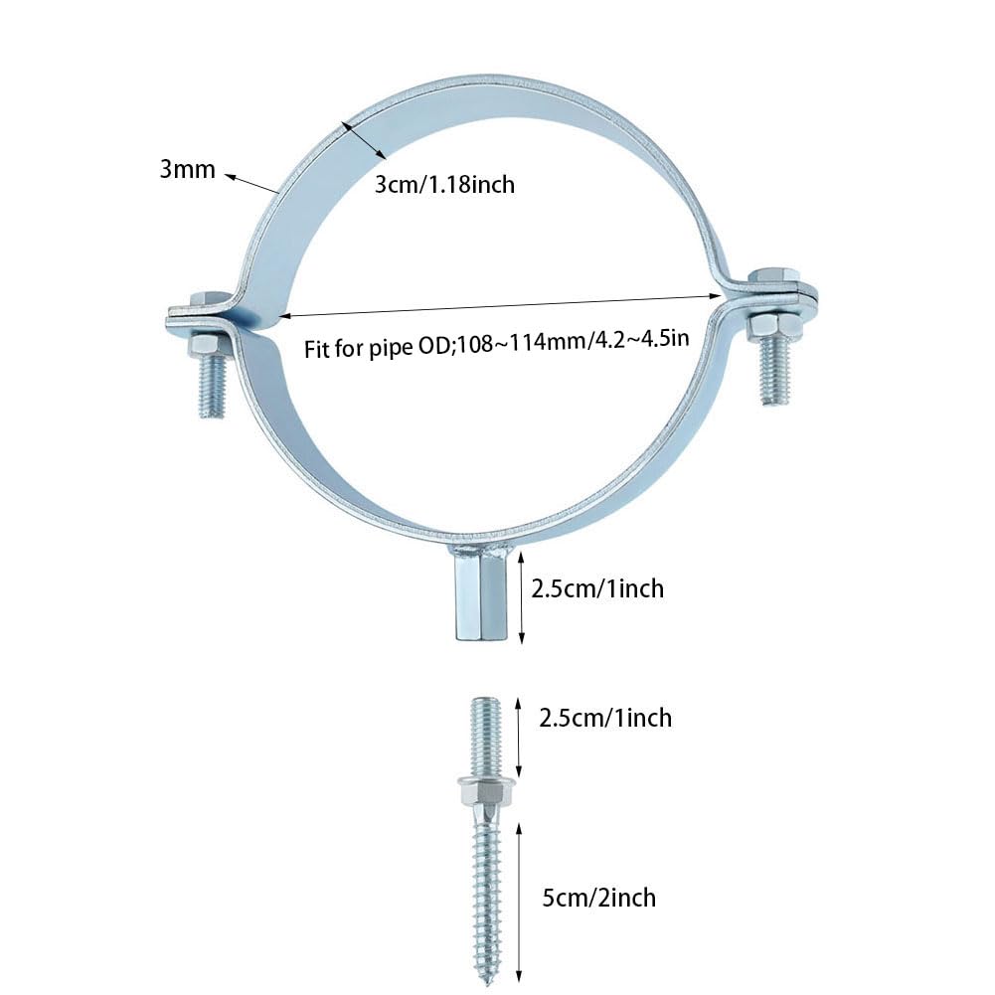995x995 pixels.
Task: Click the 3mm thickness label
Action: [x=187, y=169]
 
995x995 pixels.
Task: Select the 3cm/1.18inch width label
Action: [x=444, y=183]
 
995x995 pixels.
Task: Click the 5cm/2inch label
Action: [x=597, y=898]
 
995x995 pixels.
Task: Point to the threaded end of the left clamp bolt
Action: [x=211, y=388]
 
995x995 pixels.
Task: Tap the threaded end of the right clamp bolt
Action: [x=776, y=372]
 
